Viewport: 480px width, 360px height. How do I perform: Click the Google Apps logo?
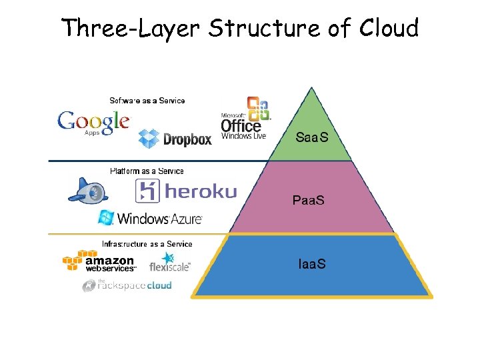[93, 122]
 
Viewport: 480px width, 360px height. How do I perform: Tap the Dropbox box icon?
[149, 139]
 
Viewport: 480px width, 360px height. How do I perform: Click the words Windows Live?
[243, 136]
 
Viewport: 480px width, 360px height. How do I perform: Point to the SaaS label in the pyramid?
[312, 137]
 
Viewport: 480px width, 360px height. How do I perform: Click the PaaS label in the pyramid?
[309, 200]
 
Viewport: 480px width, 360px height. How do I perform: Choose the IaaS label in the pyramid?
[312, 264]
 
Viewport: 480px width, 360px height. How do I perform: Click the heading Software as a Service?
[147, 101]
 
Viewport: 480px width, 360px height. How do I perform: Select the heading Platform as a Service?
[147, 171]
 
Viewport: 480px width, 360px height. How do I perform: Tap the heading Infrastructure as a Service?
[147, 244]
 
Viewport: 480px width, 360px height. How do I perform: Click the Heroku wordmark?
[200, 192]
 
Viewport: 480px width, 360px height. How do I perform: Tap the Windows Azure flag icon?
[106, 217]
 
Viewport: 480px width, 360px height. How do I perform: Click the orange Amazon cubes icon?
[74, 261]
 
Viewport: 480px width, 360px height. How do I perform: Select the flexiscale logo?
[169, 263]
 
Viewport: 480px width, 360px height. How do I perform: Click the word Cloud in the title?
[390, 28]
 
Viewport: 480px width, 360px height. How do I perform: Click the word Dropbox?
[187, 139]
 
